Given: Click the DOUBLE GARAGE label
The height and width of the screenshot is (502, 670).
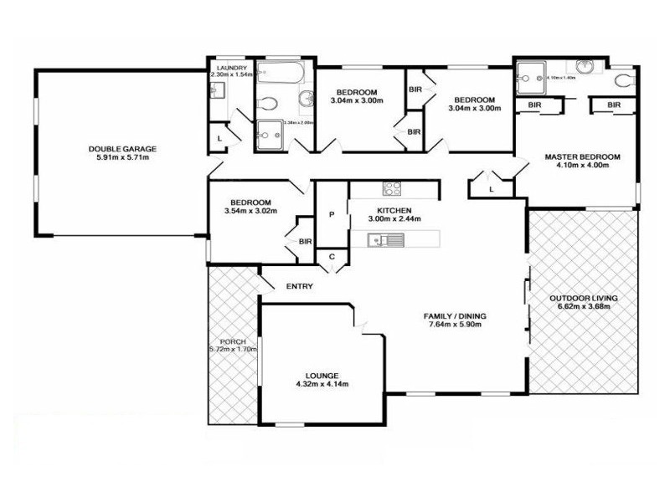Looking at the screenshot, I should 122,149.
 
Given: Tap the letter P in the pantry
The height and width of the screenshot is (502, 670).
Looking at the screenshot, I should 332,215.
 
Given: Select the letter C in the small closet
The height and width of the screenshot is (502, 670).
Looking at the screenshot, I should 332,256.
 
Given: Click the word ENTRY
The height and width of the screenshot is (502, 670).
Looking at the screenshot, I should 300,287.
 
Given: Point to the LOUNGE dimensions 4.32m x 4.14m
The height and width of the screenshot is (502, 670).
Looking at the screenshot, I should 322,385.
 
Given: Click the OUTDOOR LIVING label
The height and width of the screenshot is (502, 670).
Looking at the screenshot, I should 583,298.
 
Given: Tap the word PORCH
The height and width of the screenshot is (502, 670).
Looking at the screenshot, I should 232,341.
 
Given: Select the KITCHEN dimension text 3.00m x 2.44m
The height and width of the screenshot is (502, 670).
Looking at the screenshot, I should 394,219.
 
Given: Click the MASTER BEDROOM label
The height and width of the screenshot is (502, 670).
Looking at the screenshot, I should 582,156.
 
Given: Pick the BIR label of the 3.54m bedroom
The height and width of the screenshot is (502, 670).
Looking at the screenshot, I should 305,242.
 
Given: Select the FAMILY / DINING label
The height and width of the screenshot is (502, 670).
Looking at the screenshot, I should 455,315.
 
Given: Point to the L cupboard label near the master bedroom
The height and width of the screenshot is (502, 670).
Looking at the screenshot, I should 492,190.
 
